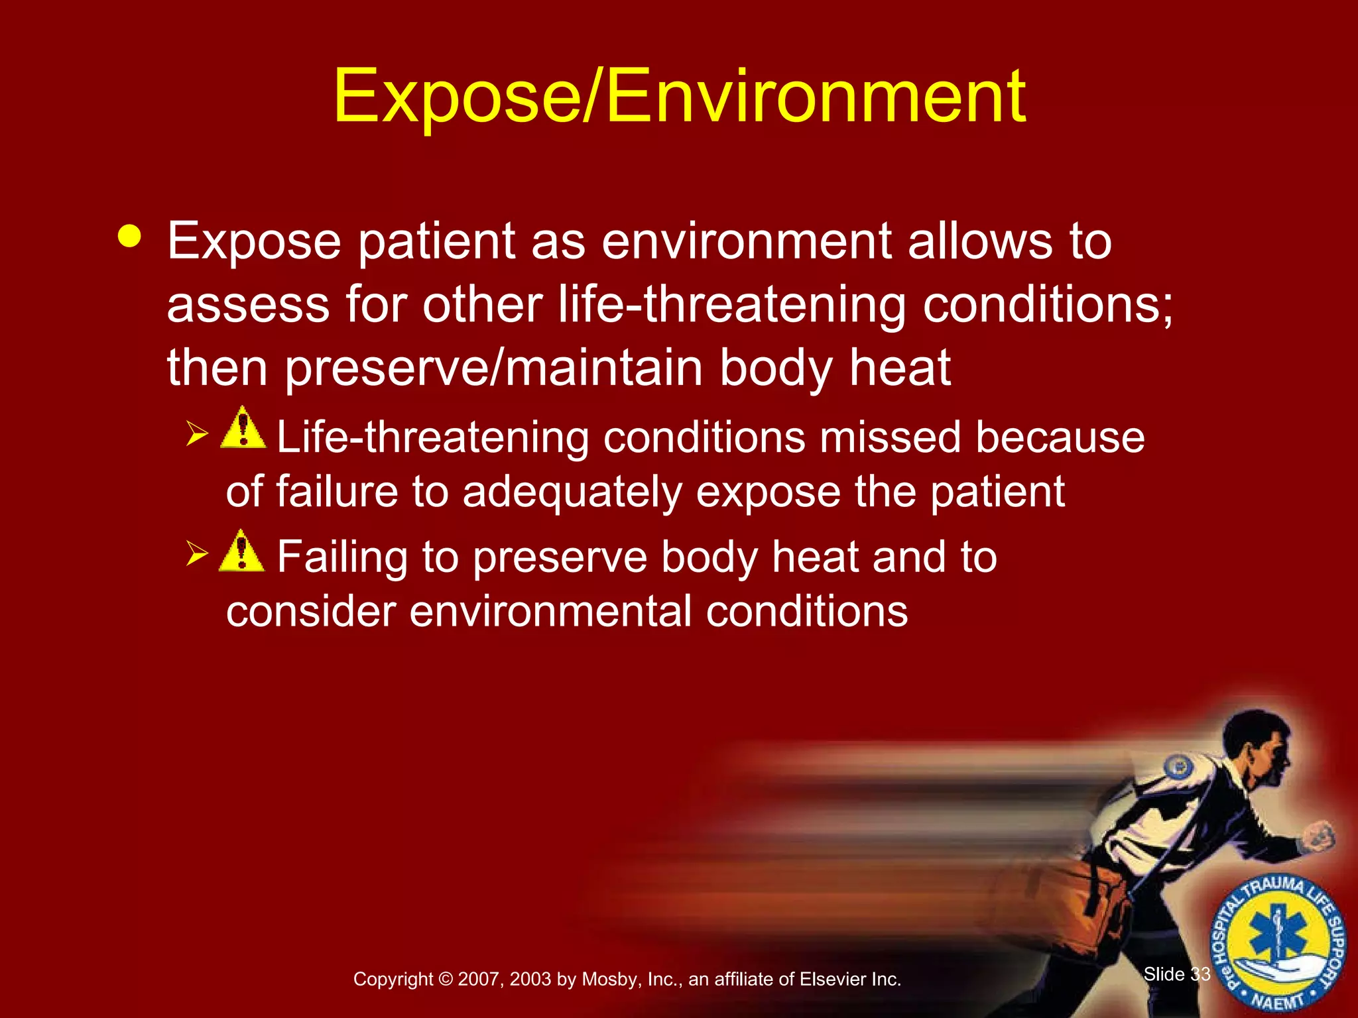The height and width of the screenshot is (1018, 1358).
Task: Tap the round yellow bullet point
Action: coord(129,237)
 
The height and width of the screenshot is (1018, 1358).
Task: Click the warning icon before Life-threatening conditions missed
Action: coord(243,428)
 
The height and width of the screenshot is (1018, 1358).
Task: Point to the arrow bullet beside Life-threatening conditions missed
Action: coord(197,433)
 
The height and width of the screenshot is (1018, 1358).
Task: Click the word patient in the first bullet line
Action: coord(437,242)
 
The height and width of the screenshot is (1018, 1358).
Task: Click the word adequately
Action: coord(572,492)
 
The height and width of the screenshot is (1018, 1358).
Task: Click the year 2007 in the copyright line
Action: coord(478,980)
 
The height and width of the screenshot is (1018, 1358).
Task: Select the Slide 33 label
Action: coord(1177,974)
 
